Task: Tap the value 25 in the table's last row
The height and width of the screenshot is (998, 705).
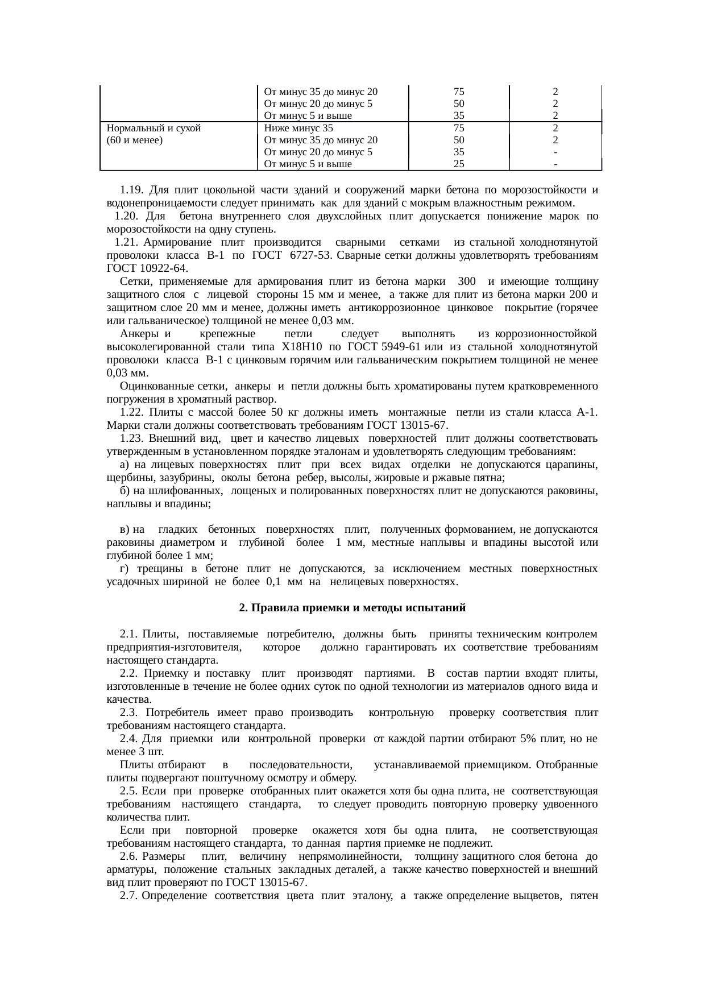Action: [x=459, y=164]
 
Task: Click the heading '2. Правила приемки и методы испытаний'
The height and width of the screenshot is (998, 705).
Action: [x=352, y=608]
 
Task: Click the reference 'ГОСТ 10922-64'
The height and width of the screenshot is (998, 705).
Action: [x=147, y=268]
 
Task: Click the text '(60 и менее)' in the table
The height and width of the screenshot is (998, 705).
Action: [x=135, y=140]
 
